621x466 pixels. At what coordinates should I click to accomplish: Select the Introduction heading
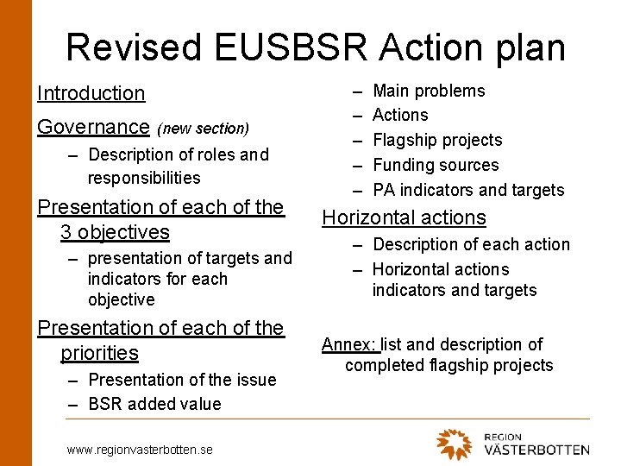pos(91,93)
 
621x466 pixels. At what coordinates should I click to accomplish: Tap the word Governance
pos(93,127)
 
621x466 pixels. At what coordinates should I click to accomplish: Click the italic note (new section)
pos(203,129)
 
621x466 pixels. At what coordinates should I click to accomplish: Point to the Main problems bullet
pos(429,91)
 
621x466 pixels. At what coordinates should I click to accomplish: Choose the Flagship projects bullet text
pos(437,140)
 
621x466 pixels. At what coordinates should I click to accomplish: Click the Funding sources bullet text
pos(436,165)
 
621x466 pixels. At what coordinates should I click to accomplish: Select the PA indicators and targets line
pos(468,190)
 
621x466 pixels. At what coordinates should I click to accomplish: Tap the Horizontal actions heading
pos(404,217)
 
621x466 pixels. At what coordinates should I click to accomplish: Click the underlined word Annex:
pos(350,344)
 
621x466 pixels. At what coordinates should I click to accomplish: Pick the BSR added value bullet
pos(154,404)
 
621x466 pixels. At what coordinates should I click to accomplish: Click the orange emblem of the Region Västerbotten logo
pos(455,444)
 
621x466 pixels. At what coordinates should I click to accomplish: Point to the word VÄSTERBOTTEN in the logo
pos(536,450)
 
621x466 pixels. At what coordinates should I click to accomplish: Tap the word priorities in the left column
pos(99,353)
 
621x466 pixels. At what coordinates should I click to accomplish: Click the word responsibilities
pos(144,178)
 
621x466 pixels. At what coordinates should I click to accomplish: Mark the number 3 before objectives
pos(66,232)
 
